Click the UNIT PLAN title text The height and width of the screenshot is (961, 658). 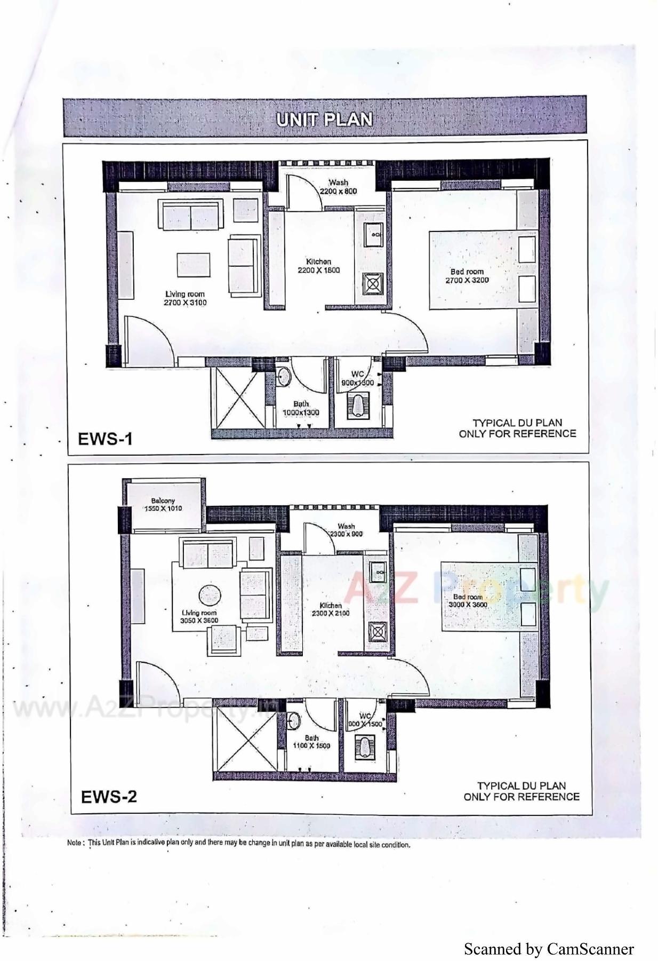pyautogui.click(x=324, y=119)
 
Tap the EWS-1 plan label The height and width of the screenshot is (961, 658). pyautogui.click(x=105, y=439)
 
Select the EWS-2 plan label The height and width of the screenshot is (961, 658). pyautogui.click(x=109, y=797)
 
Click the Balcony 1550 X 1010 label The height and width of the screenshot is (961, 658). pyautogui.click(x=163, y=505)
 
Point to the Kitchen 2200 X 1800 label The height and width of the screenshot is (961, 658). pyautogui.click(x=318, y=266)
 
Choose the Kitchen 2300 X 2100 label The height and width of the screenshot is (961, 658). pyautogui.click(x=331, y=609)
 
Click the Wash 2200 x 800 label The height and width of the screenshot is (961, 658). pyautogui.click(x=338, y=187)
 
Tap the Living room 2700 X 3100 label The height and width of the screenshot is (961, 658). pyautogui.click(x=184, y=298)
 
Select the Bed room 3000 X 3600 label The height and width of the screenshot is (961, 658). pyautogui.click(x=468, y=601)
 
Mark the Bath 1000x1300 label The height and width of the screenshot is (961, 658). pyautogui.click(x=301, y=408)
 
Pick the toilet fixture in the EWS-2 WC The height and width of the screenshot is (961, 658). pyautogui.click(x=365, y=747)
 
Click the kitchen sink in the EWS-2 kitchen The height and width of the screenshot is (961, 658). pyautogui.click(x=379, y=572)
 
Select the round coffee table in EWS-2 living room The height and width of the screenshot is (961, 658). pyautogui.click(x=210, y=595)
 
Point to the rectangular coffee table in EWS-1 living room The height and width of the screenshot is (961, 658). pyautogui.click(x=193, y=265)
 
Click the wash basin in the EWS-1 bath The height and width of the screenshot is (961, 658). pyautogui.click(x=284, y=376)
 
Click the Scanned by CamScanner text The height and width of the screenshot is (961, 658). pyautogui.click(x=549, y=949)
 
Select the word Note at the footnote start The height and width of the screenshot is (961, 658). pyautogui.click(x=75, y=844)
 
